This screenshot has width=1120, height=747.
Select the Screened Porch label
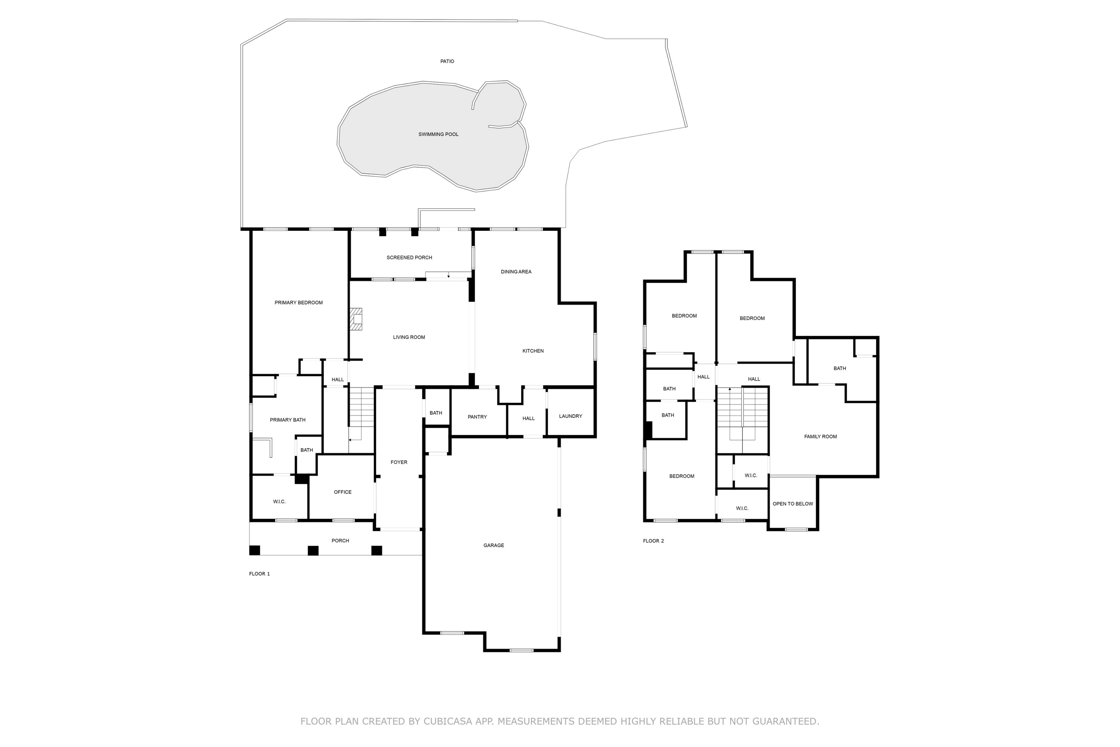409,258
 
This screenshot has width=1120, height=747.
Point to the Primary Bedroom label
299,303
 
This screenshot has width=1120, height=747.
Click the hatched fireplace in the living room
356,319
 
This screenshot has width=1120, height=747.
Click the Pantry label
477,417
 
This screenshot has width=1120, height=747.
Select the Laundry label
570,416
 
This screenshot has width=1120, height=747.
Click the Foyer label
399,462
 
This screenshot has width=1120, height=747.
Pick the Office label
342,492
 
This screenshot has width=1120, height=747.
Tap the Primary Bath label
287,420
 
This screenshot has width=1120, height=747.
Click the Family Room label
821,437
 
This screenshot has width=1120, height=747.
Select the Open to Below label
793,504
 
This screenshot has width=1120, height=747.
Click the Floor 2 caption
653,541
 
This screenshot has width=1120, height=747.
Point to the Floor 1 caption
259,574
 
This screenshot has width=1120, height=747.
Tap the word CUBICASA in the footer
447,721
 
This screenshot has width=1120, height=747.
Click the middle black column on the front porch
313,551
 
